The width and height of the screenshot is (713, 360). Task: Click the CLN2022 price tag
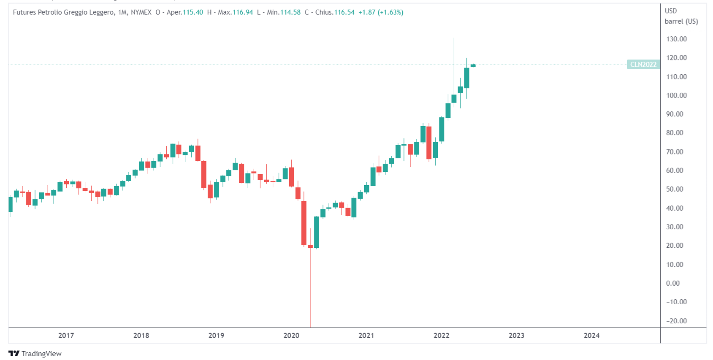pyautogui.click(x=643, y=65)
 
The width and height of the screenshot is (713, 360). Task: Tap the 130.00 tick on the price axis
pyautogui.click(x=676, y=39)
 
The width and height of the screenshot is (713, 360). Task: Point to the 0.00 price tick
pyautogui.click(x=673, y=283)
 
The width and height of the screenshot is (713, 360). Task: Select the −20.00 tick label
pyautogui.click(x=676, y=321)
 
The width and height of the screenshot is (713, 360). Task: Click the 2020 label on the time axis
pyautogui.click(x=291, y=336)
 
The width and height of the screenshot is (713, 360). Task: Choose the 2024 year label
pyautogui.click(x=591, y=336)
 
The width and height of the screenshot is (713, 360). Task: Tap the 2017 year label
pyautogui.click(x=66, y=336)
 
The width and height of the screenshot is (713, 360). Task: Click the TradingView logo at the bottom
pyautogui.click(x=35, y=354)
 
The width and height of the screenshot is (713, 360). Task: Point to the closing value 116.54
pyautogui.click(x=344, y=12)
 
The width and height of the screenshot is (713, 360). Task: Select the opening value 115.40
pyautogui.click(x=192, y=12)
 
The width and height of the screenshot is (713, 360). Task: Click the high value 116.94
pyautogui.click(x=243, y=12)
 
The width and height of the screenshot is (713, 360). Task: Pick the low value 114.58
pyautogui.click(x=290, y=12)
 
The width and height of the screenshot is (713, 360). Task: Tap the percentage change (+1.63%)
pyautogui.click(x=390, y=12)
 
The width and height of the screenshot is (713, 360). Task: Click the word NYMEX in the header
pyautogui.click(x=141, y=12)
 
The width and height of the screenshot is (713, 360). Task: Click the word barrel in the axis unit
pyautogui.click(x=674, y=22)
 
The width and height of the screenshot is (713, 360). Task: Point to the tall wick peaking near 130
pyautogui.click(x=454, y=59)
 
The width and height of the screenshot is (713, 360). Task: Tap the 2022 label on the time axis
pyautogui.click(x=442, y=336)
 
